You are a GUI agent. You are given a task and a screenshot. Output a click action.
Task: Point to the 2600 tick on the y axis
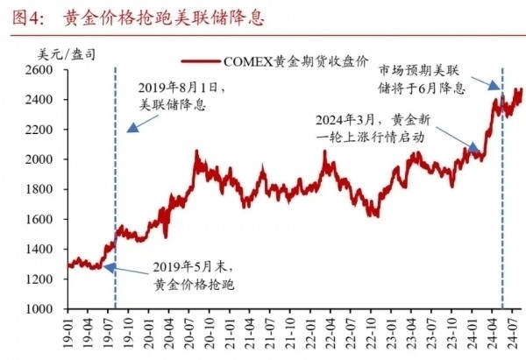[46, 70]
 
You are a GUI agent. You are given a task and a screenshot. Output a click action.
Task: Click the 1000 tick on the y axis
[46, 308]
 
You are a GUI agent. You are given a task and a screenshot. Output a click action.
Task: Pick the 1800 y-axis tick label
[46, 189]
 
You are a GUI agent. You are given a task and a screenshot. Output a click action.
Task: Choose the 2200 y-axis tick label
[46, 130]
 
